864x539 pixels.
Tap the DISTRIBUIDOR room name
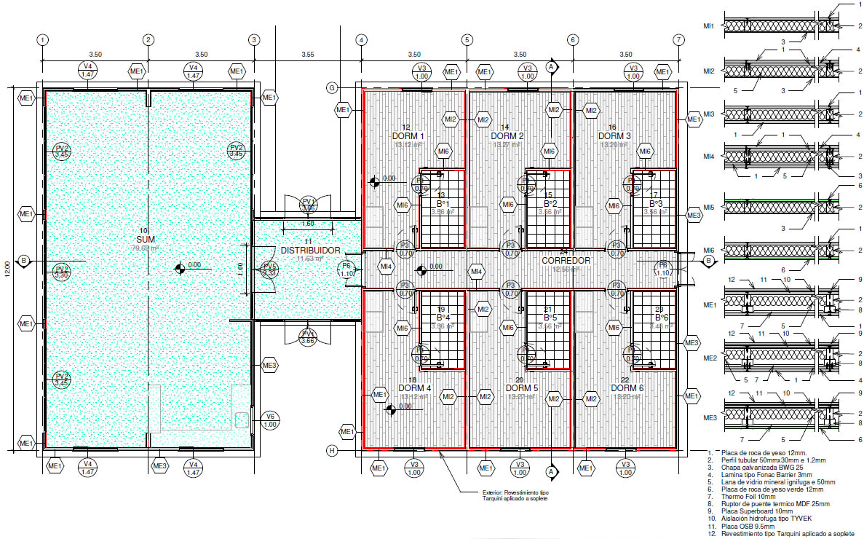pyautogui.click(x=308, y=250)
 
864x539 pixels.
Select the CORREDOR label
pyautogui.click(x=566, y=260)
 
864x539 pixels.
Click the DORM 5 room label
pyautogui.click(x=522, y=388)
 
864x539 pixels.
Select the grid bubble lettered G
pyautogui.click(x=331, y=88)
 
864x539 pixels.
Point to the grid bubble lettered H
pyautogui.click(x=331, y=451)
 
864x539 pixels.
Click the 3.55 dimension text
pyautogui.click(x=306, y=55)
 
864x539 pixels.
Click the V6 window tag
pyautogui.click(x=269, y=420)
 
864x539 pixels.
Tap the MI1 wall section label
pyautogui.click(x=708, y=25)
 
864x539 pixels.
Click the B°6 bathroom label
pyautogui.click(x=662, y=318)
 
